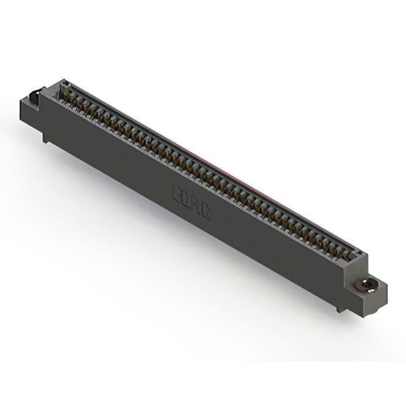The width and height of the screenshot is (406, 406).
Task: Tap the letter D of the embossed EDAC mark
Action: coord(187,197)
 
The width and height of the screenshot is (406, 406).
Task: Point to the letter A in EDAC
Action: coord(197,205)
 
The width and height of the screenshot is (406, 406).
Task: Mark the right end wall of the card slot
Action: coord(359,257)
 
